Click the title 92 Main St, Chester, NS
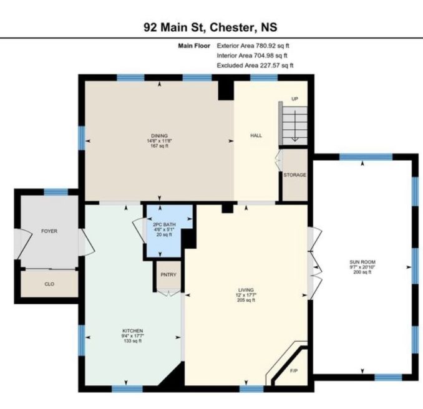coord(210,27)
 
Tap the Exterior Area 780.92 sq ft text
coord(253,46)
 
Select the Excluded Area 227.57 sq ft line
coord(255,65)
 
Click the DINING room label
coord(159,136)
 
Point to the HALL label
coord(256,136)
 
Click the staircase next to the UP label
coord(293,123)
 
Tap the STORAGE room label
coord(294,175)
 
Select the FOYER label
coord(49,231)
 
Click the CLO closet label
coord(49,284)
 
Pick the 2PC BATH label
coord(164,224)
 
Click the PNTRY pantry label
coord(168,275)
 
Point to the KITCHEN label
coord(133,331)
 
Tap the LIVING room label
coord(246,290)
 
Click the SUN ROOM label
coord(362,262)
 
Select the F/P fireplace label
coord(294,371)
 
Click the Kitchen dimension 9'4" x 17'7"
coord(133,336)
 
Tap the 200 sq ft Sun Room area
coord(362,272)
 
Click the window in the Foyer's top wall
coord(56,192)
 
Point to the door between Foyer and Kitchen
coord(86,243)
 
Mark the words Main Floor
coord(194,46)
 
